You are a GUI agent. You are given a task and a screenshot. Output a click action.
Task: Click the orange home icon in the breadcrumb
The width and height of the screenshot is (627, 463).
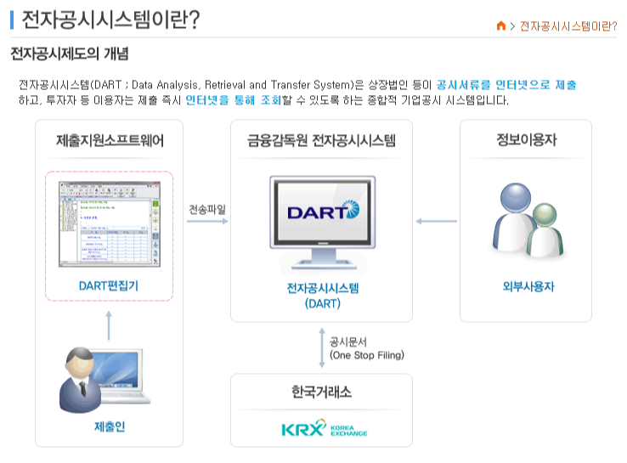click(501, 25)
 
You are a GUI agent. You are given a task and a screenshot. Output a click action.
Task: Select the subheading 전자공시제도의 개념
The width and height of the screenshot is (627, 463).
click(69, 55)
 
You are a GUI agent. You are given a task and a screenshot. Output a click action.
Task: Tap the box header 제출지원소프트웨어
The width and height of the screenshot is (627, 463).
click(110, 140)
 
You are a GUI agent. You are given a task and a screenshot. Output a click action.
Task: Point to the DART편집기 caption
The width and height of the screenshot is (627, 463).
click(109, 285)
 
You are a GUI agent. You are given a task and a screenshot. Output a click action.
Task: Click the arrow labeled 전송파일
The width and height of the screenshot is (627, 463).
click(207, 222)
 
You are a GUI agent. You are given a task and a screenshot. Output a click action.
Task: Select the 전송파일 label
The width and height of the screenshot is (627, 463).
click(207, 208)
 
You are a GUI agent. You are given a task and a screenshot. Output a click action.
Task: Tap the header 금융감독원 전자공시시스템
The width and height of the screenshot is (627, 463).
click(321, 140)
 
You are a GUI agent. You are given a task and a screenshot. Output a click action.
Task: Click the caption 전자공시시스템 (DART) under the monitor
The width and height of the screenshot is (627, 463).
click(322, 295)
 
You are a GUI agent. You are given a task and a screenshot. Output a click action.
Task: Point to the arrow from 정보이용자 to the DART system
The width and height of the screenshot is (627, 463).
click(436, 222)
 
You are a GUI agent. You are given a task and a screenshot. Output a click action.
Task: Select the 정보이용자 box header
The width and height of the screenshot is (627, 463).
click(526, 140)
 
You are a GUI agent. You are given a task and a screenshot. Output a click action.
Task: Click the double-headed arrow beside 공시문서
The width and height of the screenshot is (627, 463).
click(321, 347)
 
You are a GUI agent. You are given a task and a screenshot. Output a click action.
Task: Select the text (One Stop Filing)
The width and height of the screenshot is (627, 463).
click(366, 355)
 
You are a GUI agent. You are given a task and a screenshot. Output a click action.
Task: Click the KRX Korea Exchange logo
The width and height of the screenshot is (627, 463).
click(324, 427)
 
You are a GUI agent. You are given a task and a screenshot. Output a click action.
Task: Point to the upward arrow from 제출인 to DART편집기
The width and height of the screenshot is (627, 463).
click(109, 325)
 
